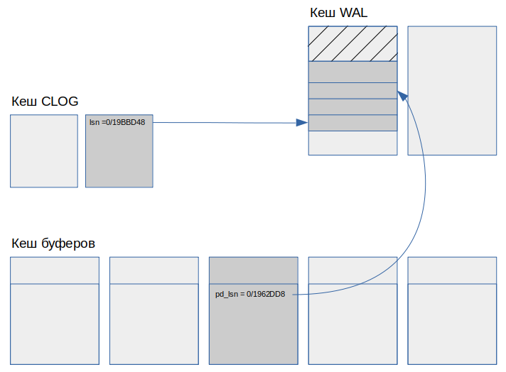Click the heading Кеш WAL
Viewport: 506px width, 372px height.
338,13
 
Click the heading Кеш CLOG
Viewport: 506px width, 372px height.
45,102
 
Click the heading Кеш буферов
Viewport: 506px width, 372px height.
53,244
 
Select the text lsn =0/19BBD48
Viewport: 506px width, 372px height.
117,123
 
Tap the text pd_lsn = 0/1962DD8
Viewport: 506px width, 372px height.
250,295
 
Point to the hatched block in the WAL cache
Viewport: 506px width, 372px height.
352,44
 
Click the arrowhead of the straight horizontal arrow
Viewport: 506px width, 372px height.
302,123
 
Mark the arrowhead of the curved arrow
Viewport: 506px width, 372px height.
403,96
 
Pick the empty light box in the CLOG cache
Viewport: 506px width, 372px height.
44,151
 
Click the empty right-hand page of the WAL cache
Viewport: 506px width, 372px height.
452,91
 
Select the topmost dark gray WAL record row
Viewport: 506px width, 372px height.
352,72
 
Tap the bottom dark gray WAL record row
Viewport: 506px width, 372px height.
352,123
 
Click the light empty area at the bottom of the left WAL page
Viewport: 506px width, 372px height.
352,143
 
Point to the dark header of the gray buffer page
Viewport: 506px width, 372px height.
253,270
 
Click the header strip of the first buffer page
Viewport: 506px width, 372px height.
55,270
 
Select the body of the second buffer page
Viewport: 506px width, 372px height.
154,324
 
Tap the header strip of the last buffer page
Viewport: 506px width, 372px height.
452,270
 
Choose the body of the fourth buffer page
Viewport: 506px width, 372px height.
352,324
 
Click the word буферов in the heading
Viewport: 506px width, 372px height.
68,244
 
